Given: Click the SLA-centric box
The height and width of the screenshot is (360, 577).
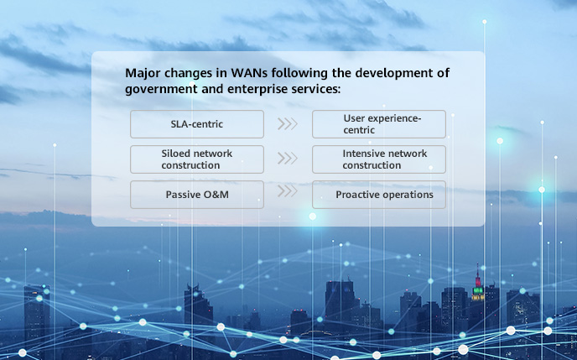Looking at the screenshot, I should [x=196, y=124].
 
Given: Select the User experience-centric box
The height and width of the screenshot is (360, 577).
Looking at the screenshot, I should [x=378, y=124].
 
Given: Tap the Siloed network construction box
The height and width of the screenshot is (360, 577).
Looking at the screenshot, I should [x=196, y=159].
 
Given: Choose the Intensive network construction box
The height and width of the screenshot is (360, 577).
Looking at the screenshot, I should [x=378, y=159].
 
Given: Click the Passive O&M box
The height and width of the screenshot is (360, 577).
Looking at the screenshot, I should [x=196, y=195].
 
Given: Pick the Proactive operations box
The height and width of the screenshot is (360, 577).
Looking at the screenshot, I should [x=378, y=195].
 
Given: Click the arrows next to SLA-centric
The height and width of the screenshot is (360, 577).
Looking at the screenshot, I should [x=288, y=124].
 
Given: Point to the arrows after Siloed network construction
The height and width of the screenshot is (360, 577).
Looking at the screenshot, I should [x=288, y=159].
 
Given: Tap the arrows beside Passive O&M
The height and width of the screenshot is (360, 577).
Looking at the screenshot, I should [x=288, y=191].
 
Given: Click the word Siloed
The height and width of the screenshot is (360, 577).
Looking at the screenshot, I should [x=177, y=154].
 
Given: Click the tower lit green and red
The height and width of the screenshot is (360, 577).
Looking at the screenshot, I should [x=477, y=290].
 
